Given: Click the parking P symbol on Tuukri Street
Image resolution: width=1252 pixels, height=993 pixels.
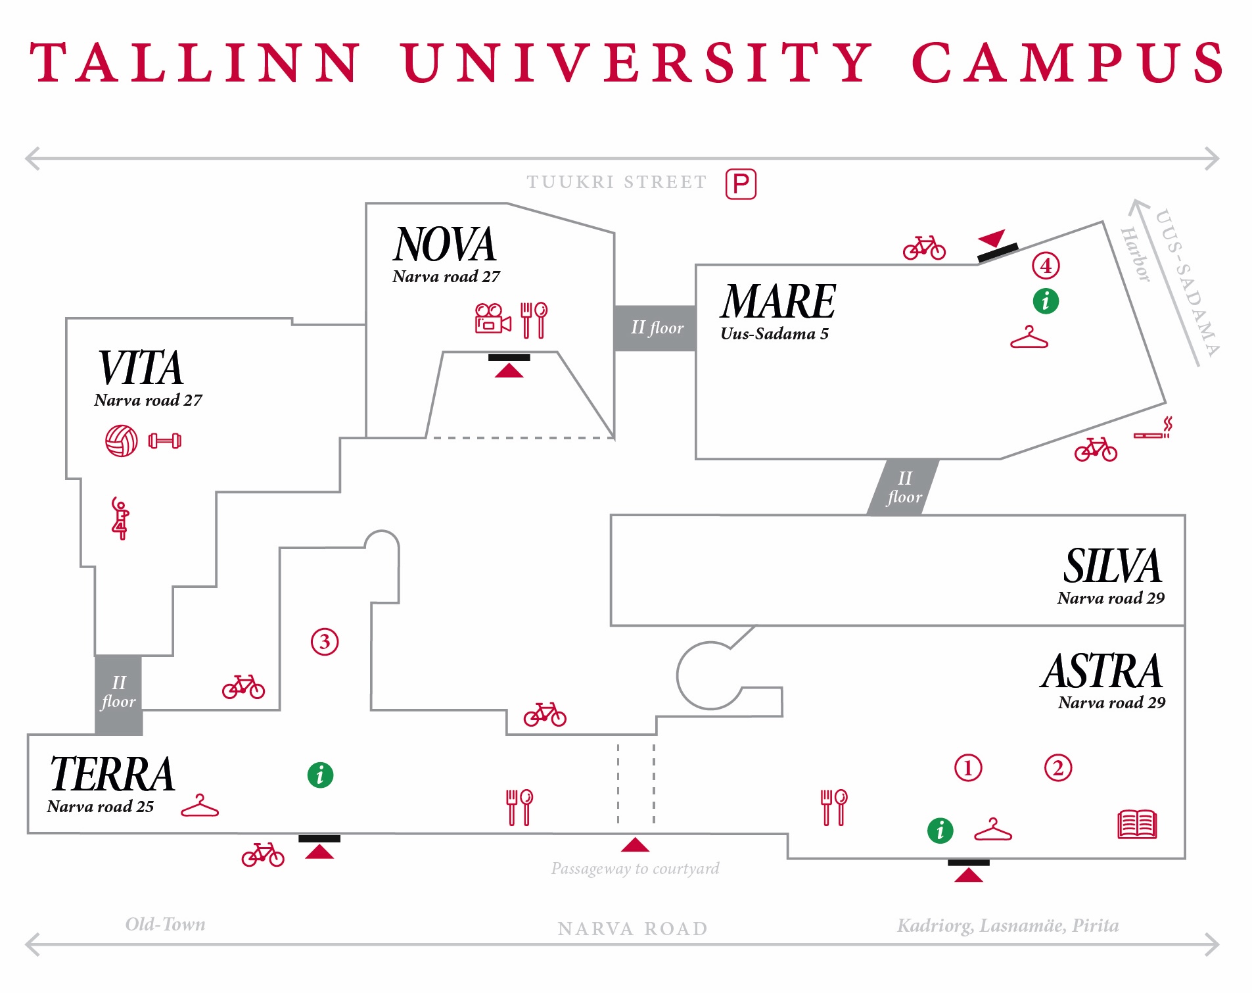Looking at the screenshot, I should (741, 184).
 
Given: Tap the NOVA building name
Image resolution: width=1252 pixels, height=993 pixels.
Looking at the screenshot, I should (444, 245).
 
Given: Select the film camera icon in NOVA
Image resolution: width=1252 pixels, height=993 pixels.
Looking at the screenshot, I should (492, 318).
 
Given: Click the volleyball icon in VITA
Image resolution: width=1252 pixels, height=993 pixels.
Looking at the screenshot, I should (122, 441).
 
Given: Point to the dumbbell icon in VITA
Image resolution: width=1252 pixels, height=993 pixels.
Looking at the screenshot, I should (165, 441).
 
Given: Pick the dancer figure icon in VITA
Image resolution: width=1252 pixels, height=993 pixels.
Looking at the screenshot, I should (120, 519).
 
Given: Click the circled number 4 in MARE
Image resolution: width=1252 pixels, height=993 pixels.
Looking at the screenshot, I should (1046, 266).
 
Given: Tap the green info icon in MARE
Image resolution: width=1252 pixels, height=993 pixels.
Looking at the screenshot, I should (1046, 301).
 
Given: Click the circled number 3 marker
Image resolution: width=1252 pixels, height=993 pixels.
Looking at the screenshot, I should (325, 642).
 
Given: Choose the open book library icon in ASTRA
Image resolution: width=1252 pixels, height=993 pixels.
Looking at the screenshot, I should (1137, 824).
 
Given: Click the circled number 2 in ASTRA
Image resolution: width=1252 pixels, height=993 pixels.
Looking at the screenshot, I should (1058, 768).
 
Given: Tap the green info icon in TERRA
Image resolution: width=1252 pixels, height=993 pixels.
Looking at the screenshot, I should (320, 775).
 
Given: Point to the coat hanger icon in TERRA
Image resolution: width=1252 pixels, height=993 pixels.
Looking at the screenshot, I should (200, 806).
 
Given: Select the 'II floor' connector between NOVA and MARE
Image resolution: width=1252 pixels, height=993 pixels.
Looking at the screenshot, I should (656, 328).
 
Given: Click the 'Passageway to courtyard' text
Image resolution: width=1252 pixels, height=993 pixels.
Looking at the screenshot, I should (635, 869).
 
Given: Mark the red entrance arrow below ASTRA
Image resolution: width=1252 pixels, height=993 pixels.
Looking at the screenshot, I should (968, 875).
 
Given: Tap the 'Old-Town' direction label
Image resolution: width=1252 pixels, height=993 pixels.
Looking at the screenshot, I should (165, 925).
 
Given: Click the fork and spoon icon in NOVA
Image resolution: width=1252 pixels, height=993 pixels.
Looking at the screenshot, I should (534, 320).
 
